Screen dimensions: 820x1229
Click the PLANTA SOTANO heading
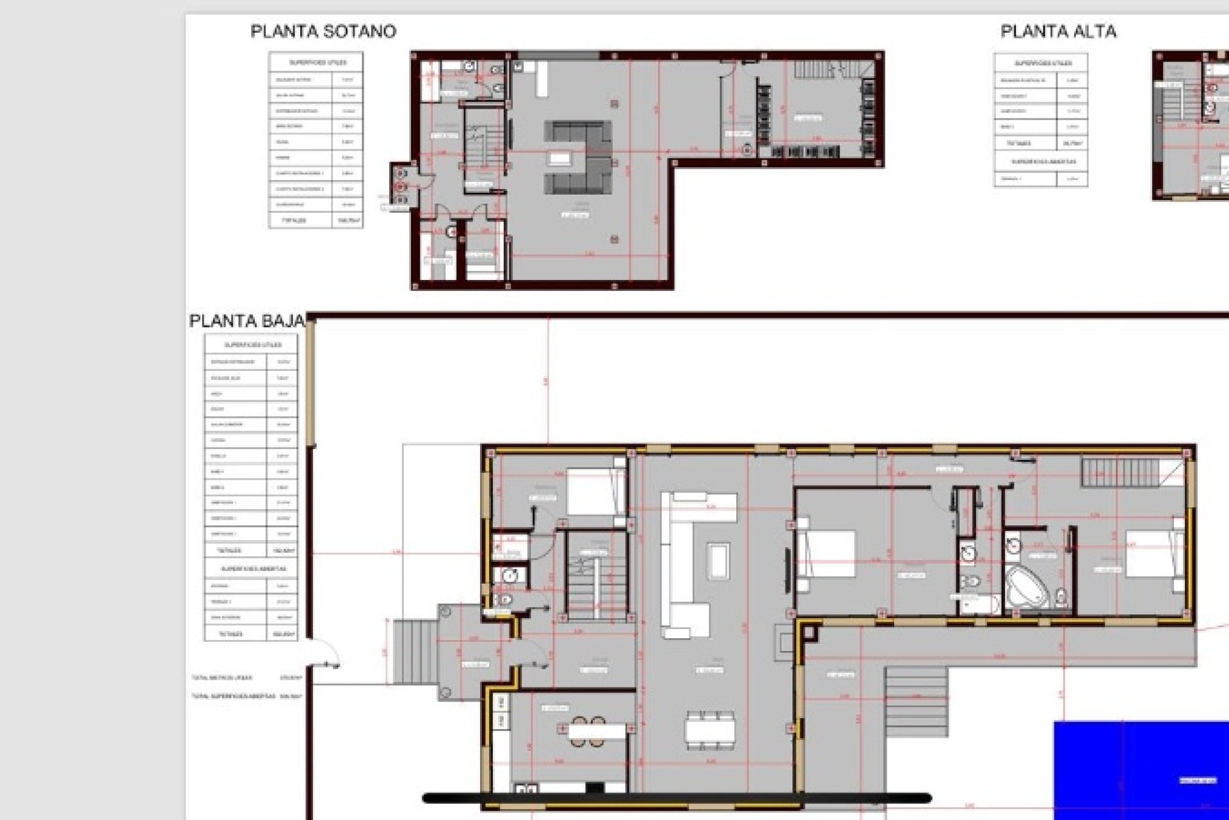323,31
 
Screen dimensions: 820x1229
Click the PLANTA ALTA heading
1058,31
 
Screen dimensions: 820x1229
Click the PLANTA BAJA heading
246,321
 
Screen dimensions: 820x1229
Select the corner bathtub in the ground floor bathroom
1028,587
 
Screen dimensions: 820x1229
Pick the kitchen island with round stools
595,731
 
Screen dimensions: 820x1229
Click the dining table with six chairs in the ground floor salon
710,730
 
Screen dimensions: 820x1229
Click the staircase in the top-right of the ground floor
1121,473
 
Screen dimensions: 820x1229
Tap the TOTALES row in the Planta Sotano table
316,220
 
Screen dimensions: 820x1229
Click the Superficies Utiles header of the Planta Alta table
1041,63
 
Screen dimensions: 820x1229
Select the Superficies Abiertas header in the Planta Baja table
251,568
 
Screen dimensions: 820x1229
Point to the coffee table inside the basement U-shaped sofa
559,159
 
